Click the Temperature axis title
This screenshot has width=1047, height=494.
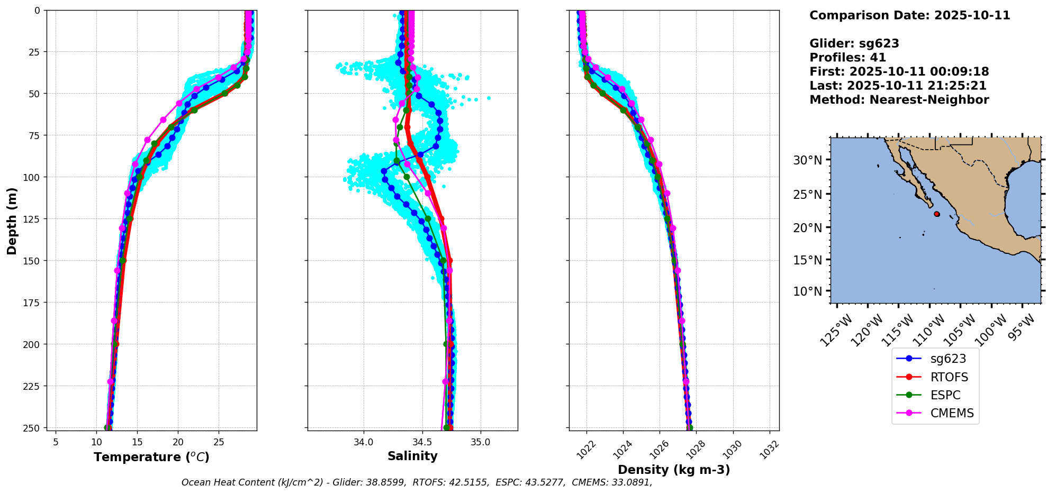pyautogui.click(x=151, y=457)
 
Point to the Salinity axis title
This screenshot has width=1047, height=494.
pyautogui.click(x=412, y=456)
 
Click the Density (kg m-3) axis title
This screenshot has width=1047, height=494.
pyautogui.click(x=674, y=470)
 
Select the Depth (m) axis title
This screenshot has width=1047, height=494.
pyautogui.click(x=12, y=221)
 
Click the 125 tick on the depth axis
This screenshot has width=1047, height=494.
pyautogui.click(x=31, y=218)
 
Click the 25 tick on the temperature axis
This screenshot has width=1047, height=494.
pyautogui.click(x=219, y=442)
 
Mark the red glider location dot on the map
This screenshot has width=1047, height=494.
pyautogui.click(x=937, y=214)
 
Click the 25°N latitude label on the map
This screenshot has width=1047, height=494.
pyautogui.click(x=807, y=195)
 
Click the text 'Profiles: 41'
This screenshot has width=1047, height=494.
pyautogui.click(x=847, y=58)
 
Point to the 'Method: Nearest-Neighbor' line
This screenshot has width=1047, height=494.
pyautogui.click(x=899, y=99)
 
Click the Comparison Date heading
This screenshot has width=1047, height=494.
pyautogui.click(x=909, y=15)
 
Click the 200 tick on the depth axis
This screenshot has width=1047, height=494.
pyautogui.click(x=31, y=344)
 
